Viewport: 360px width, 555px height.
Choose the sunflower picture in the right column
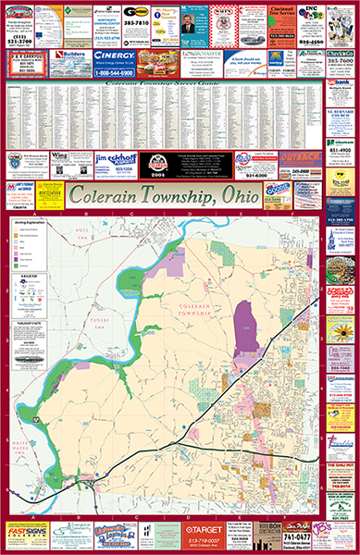341,330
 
